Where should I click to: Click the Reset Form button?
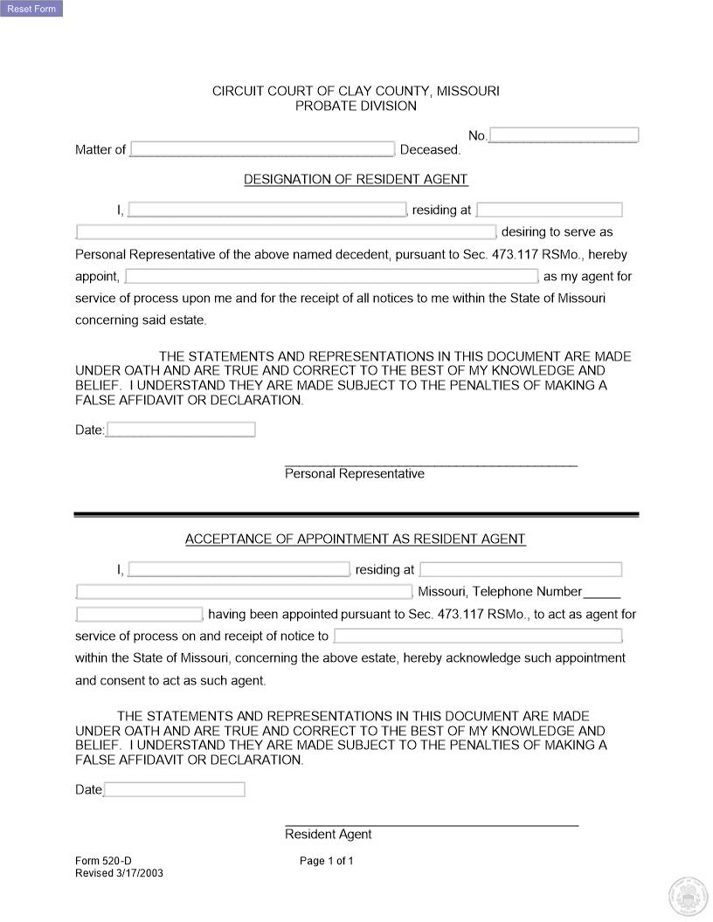31,9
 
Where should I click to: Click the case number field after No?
564,135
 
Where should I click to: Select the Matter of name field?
262,149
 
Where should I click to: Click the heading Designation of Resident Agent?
356,180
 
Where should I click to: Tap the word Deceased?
430,150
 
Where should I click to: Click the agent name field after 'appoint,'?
332,277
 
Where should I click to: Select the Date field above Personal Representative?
181,430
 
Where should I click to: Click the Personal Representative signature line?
431,464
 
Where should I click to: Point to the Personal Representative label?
355,474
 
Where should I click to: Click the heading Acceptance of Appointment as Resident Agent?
356,540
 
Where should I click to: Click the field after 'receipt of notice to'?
478,636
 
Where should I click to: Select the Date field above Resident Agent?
175,789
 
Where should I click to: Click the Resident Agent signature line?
431,824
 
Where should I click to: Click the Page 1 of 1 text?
327,861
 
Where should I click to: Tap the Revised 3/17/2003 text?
119,873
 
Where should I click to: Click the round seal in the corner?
687,896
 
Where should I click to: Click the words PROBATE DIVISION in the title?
356,107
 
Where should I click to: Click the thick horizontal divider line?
356,514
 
